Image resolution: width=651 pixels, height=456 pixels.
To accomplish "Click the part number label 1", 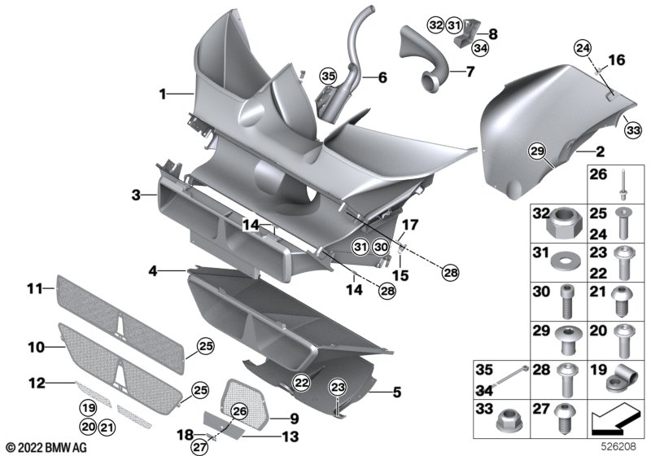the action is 163,94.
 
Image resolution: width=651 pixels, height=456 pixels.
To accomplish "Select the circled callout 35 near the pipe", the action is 328,77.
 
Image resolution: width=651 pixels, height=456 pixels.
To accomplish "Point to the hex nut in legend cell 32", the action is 565,223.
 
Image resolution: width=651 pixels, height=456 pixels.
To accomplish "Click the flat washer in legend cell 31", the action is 565,261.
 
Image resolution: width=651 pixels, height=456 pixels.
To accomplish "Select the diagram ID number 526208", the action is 618,447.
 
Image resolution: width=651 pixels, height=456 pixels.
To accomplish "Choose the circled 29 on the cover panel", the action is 537,151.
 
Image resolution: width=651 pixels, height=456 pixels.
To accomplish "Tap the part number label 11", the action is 35,287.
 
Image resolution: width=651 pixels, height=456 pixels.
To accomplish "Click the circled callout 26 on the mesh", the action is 239,411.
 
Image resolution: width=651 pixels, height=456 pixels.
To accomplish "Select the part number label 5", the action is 397,392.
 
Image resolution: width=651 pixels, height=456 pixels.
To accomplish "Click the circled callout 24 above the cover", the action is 583,49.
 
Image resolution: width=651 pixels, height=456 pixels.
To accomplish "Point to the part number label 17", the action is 410,226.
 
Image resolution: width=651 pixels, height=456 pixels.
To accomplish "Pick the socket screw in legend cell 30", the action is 566,300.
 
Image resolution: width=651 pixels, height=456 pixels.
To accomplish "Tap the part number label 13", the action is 291,436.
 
